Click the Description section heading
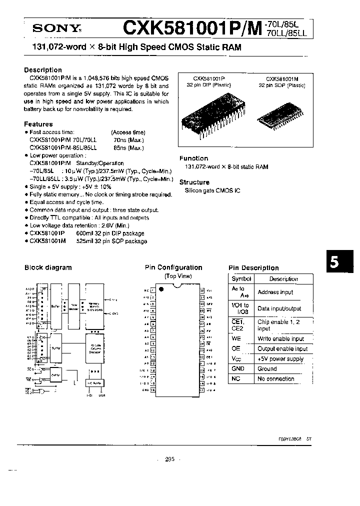click(43, 70)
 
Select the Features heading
click(38, 124)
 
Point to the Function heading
click(193, 158)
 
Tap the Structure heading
click(194, 182)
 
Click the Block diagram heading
click(48, 267)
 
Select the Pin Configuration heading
click(173, 267)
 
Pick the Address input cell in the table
click(275, 292)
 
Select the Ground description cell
click(267, 368)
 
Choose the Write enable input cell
click(280, 338)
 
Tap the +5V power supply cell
click(280, 358)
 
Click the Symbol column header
click(241, 279)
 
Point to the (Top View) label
click(178, 276)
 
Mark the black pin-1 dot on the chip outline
click(161, 289)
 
